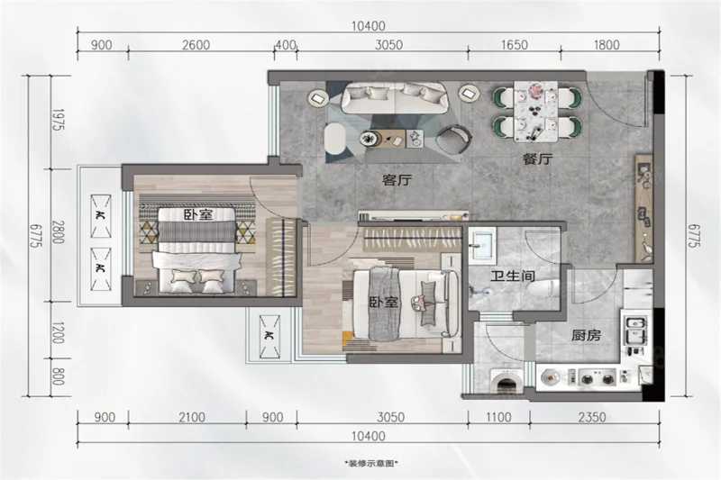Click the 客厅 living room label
(x=397, y=179)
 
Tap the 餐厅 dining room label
(x=537, y=158)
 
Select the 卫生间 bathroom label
(x=512, y=276)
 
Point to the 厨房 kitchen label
(x=586, y=335)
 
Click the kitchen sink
(x=635, y=330)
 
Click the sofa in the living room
(x=395, y=98)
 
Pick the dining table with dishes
(x=535, y=111)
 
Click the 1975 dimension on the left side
(x=58, y=120)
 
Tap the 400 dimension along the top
(x=286, y=45)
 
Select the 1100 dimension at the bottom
(x=498, y=417)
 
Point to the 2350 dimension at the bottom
(x=592, y=417)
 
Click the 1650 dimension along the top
(x=514, y=45)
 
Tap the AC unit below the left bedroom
(x=269, y=336)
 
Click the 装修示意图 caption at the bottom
(x=370, y=464)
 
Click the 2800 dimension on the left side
(x=58, y=232)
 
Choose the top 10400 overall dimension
(x=369, y=26)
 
